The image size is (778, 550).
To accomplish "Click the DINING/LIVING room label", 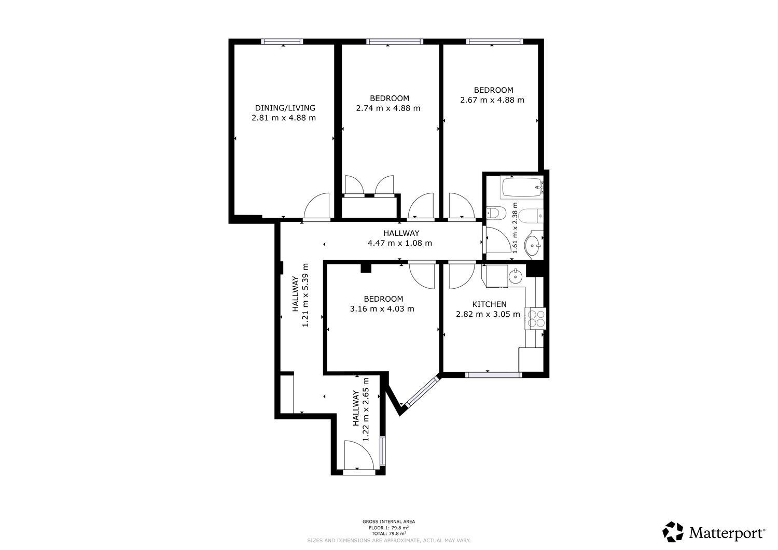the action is pyautogui.click(x=285, y=108).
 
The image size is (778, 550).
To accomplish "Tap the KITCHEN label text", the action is pyautogui.click(x=489, y=304).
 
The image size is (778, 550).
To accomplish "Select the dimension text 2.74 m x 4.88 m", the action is pyautogui.click(x=388, y=108).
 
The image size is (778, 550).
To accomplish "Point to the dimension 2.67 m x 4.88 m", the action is pyautogui.click(x=492, y=100).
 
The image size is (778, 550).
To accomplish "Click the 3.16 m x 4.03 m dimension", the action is pyautogui.click(x=382, y=308).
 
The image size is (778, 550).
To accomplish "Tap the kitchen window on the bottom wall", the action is pyautogui.click(x=493, y=375).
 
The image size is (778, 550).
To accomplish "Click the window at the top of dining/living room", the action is pyautogui.click(x=282, y=41).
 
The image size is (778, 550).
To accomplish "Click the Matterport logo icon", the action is pyautogui.click(x=673, y=531).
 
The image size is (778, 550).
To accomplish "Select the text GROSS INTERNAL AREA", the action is pyautogui.click(x=388, y=521).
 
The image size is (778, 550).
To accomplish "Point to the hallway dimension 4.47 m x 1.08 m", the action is pyautogui.click(x=400, y=243).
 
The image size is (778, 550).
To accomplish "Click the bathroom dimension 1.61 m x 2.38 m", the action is pyautogui.click(x=515, y=228).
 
